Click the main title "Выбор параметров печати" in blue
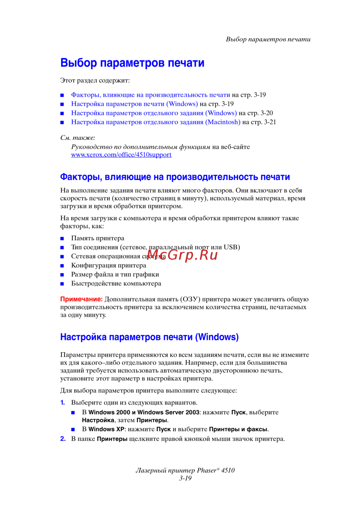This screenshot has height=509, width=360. [132, 63]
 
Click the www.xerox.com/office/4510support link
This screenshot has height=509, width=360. [121, 155]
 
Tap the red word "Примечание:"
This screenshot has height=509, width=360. [81, 299]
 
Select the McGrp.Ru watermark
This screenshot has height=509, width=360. [183, 255]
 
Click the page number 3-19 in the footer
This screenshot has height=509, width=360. [185, 478]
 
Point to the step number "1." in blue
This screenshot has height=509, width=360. [63, 403]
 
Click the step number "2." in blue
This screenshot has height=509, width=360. [63, 439]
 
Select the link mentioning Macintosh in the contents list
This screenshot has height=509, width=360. [156, 122]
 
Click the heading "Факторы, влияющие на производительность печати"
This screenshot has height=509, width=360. [175, 177]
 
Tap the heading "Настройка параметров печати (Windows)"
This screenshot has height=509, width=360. [149, 337]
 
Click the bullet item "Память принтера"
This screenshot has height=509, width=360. [98, 238]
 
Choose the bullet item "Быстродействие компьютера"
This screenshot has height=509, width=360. [116, 283]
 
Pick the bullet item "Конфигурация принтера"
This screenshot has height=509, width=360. [108, 265]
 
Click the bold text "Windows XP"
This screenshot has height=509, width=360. [106, 430]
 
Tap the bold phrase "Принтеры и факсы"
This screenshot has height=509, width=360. [238, 430]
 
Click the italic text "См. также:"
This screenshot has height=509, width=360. [78, 138]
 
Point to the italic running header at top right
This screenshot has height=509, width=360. [268, 39]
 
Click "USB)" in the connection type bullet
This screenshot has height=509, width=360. [231, 247]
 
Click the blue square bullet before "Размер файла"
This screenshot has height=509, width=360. [62, 275]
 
